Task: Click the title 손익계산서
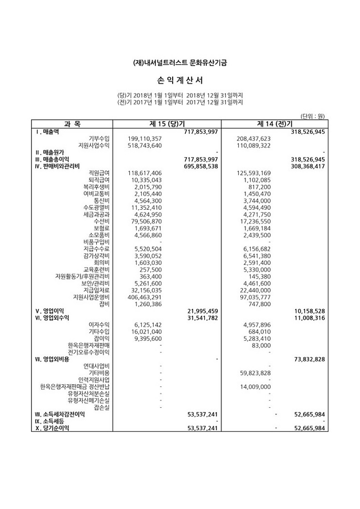pos(180,80)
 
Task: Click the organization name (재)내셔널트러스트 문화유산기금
pos(180,63)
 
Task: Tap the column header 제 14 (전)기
pos(274,124)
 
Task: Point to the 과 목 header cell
pos(72,124)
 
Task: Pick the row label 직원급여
pos(99,173)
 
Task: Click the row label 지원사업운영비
pos(92,297)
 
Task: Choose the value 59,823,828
pos(254,373)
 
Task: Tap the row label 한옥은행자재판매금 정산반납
pos(75,386)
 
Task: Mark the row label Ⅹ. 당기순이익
pos(52,428)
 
